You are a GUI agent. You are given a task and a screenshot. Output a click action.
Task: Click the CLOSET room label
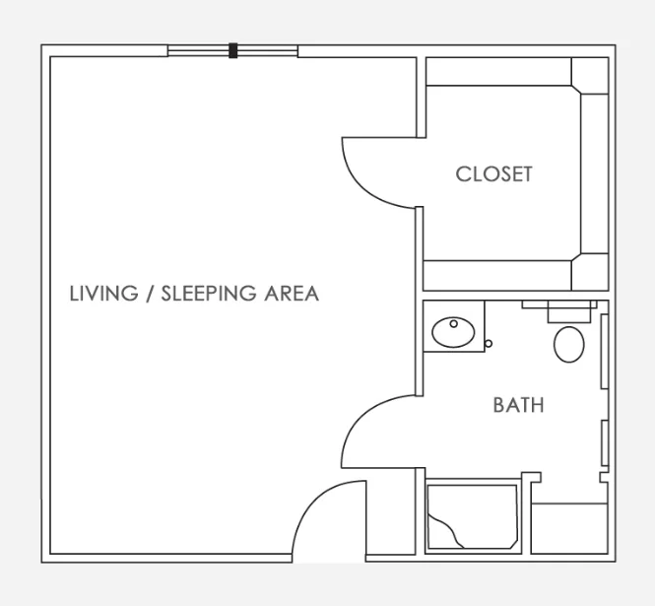coord(493,174)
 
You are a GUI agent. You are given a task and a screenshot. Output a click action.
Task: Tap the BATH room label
coord(518,405)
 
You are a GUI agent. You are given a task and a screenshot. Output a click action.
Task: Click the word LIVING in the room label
coord(103,294)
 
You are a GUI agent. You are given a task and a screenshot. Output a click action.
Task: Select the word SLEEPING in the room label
coord(209,294)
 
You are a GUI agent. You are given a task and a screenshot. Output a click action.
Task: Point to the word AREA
coord(292,294)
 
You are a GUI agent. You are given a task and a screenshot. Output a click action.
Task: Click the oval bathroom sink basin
coord(453,332)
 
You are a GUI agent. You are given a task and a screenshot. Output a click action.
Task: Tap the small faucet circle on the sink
coord(454,323)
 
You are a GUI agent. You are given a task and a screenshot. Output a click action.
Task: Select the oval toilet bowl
coord(569,344)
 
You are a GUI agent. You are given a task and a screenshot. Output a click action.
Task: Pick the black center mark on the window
coord(233,50)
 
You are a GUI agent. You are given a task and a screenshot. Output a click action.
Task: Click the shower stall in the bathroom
coord(473,516)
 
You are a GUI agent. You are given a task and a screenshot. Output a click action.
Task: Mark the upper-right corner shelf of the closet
coord(590,76)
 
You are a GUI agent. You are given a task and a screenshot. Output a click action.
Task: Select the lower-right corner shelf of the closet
coord(590,272)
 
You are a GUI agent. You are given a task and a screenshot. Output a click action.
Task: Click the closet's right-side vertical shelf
coord(595,173)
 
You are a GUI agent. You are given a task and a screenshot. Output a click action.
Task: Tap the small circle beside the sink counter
coord(489,344)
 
